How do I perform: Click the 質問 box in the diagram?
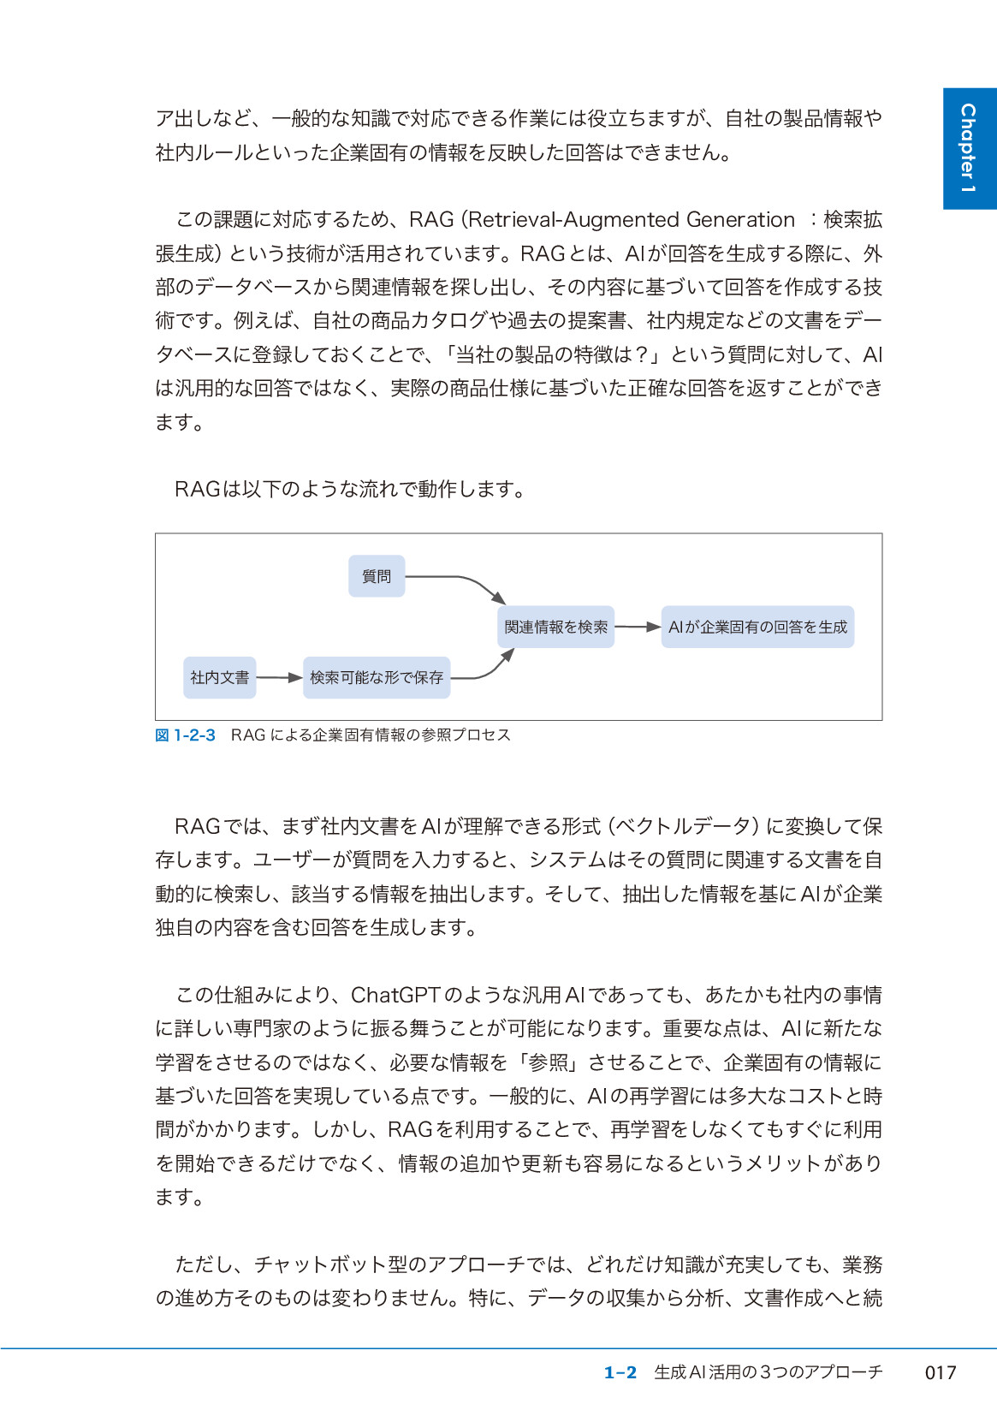pos(377,576)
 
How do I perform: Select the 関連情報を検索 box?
pos(556,627)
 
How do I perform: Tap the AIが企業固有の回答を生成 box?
pos(757,627)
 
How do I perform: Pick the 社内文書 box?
pos(220,677)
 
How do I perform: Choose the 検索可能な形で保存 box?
pos(377,677)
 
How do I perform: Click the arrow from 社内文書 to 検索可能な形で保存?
pos(279,677)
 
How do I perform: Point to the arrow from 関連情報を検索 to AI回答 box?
pos(638,627)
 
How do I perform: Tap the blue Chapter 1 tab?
pos(969,148)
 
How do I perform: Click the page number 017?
pos(941,1372)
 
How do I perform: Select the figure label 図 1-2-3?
pos(185,735)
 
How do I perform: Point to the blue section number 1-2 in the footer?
pos(620,1372)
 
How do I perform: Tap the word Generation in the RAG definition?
pos(740,220)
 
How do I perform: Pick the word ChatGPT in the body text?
pos(395,995)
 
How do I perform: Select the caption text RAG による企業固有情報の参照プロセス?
pos(371,735)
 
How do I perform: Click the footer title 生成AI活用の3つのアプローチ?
pos(769,1372)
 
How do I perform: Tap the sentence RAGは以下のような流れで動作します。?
pos(350,489)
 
